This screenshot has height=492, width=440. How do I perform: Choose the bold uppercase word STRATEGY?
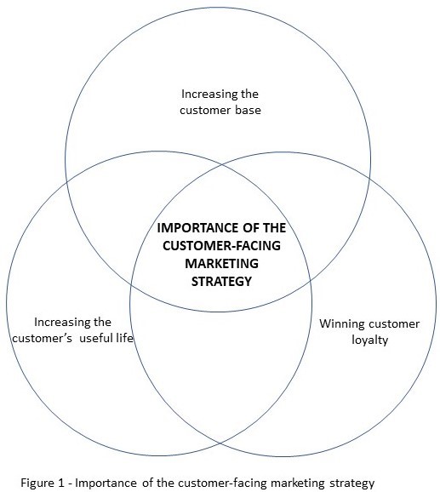tap(220, 281)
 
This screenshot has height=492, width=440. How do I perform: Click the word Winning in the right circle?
tap(340, 323)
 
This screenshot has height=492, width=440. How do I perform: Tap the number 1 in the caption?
tap(70, 483)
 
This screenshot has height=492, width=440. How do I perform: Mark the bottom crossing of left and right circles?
tap(220, 443)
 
